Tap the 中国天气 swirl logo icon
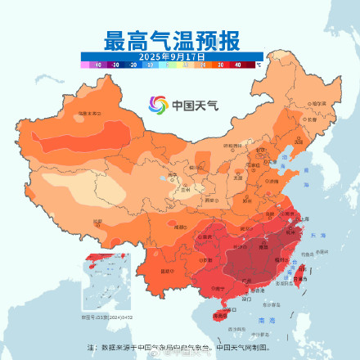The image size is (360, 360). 157,105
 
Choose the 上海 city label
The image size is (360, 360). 304,220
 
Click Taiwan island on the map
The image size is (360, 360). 300,273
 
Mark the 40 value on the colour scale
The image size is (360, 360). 238,63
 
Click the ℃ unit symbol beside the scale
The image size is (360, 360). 259,63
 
